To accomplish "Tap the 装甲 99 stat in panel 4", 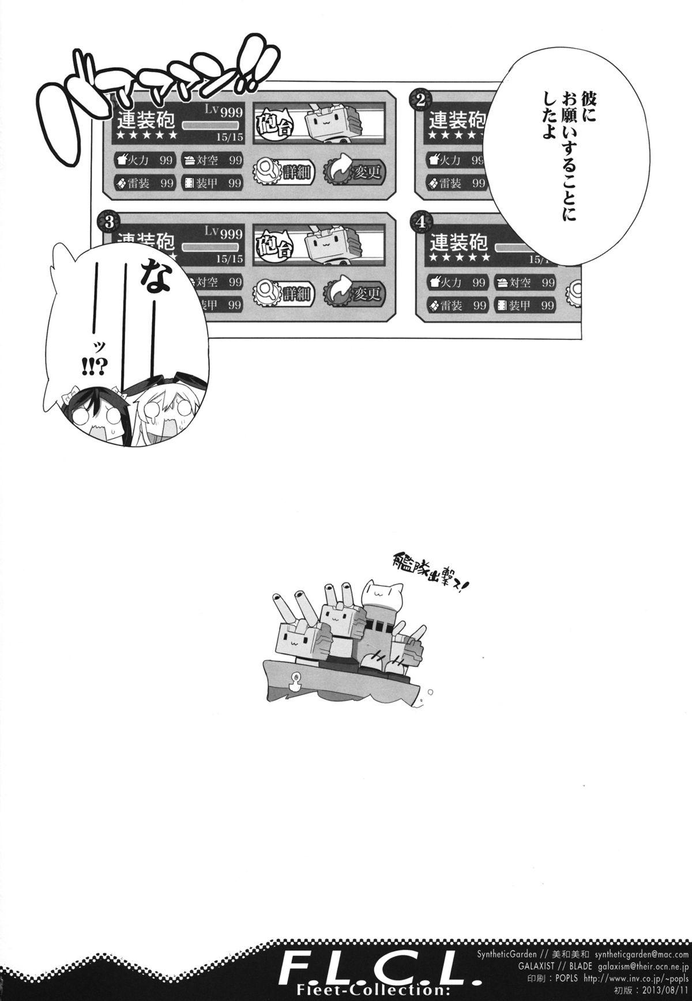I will click(x=525, y=306).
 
